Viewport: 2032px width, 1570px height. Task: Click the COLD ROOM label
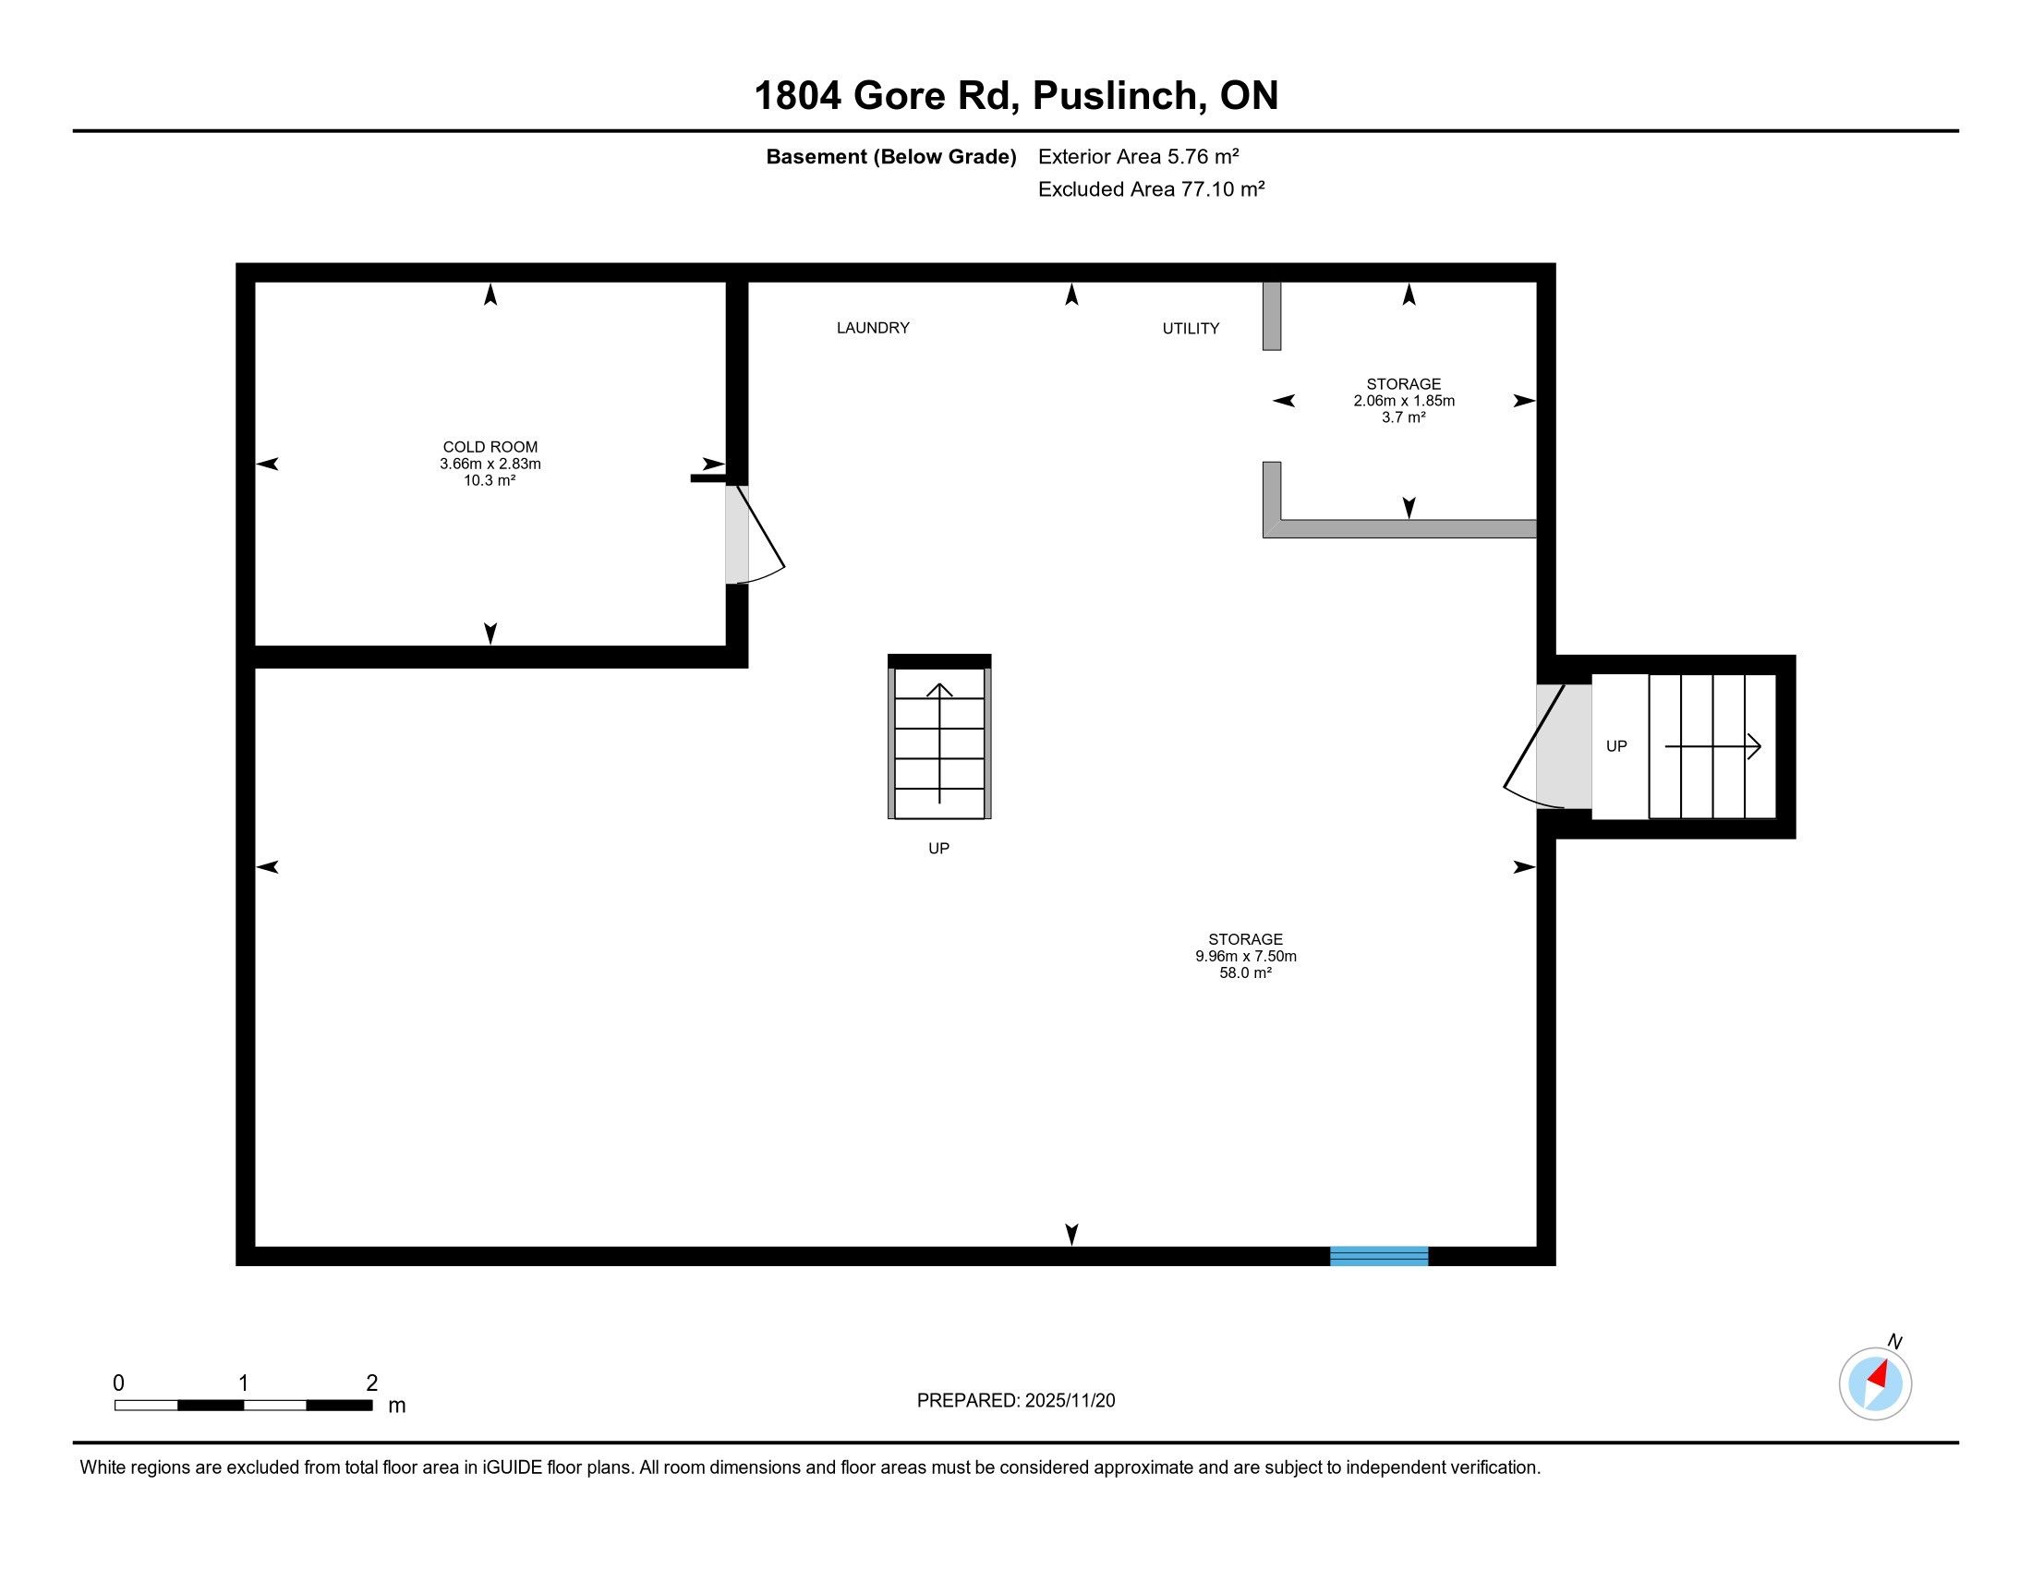tap(490, 447)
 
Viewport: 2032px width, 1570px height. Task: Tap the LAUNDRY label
tap(873, 328)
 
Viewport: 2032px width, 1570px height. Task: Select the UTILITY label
tap(1190, 329)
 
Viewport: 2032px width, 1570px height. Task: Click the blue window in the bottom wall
tap(1379, 1256)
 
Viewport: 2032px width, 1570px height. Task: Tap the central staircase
tap(938, 737)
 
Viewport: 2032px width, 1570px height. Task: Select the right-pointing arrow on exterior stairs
tap(1711, 746)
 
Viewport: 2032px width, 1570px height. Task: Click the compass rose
tap(1875, 1383)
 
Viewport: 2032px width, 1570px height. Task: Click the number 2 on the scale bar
tap(372, 1383)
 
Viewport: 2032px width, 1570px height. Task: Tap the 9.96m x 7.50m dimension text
tap(1246, 956)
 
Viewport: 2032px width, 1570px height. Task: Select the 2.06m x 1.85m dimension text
tap(1404, 401)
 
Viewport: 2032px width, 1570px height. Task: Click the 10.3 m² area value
tap(490, 481)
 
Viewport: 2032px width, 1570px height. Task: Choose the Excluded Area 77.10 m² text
tap(1151, 188)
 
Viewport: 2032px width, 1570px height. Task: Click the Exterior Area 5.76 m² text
tap(1139, 156)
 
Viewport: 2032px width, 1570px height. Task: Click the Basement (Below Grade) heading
tap(890, 157)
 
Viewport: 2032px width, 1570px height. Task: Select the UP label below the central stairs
tap(938, 848)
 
